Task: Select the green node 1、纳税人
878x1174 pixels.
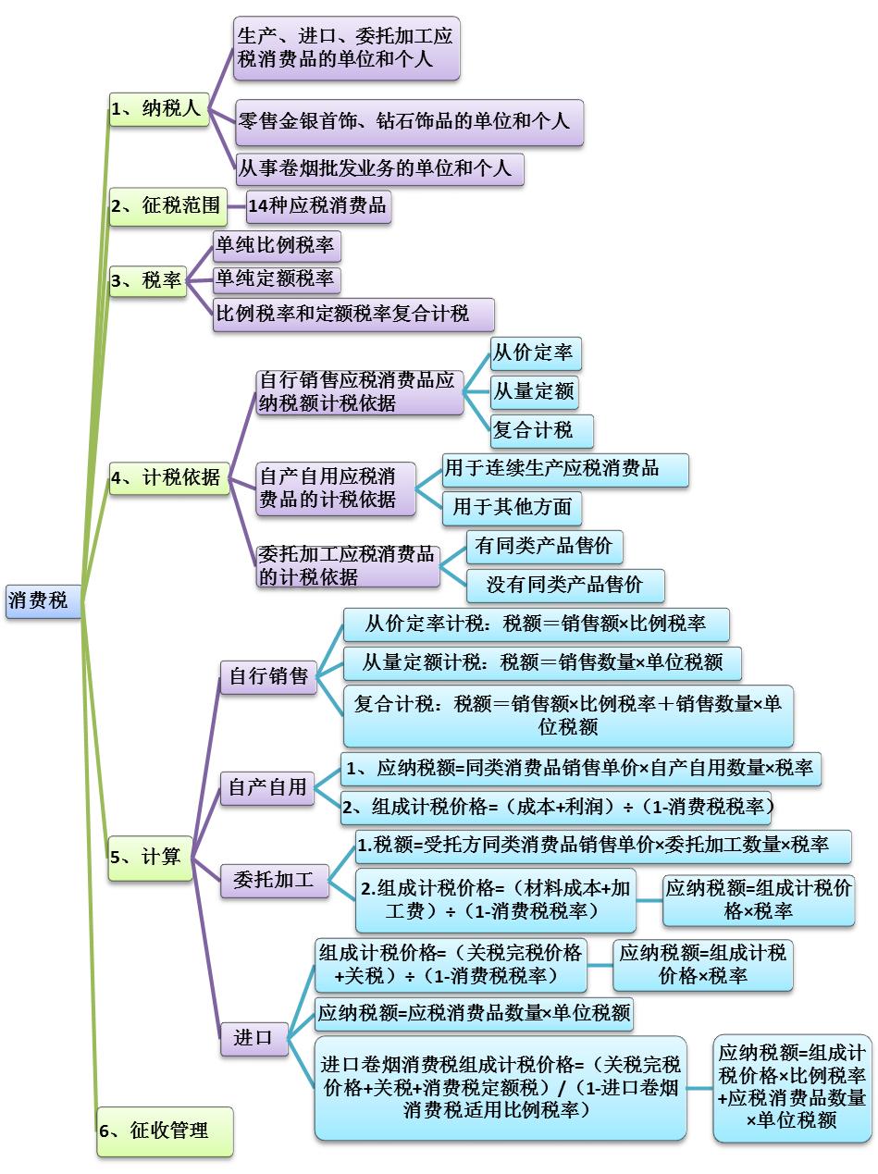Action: click(155, 109)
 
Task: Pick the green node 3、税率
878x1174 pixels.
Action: click(147, 281)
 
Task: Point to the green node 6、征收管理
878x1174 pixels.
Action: click(165, 1130)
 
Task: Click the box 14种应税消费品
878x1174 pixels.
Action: click(318, 205)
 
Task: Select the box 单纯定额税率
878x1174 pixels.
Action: click(276, 279)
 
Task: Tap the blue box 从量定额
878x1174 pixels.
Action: click(534, 392)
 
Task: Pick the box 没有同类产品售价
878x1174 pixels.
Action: click(564, 585)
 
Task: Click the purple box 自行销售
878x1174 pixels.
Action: click(267, 677)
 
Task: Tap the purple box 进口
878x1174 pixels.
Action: click(254, 1037)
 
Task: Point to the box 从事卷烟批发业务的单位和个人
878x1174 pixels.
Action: click(379, 169)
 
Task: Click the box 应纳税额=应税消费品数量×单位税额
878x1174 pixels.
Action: click(474, 1013)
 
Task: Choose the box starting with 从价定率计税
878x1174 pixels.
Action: click(536, 624)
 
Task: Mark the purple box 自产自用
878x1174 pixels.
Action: click(266, 788)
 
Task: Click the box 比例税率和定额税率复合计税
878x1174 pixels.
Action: click(353, 314)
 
